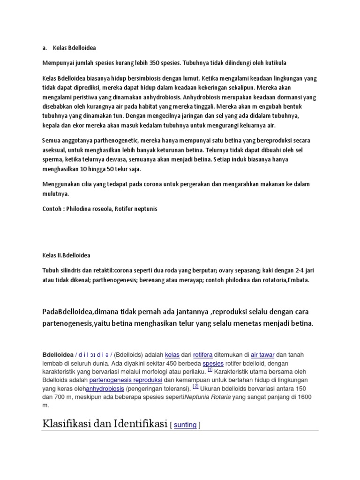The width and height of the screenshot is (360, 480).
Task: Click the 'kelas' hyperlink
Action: click(172, 355)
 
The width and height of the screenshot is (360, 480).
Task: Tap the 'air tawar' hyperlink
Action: click(262, 355)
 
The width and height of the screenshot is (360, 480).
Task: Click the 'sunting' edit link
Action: click(185, 425)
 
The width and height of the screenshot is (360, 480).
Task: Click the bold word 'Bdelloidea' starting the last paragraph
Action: click(58, 355)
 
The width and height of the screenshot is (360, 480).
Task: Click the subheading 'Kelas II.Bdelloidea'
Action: click(66, 255)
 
